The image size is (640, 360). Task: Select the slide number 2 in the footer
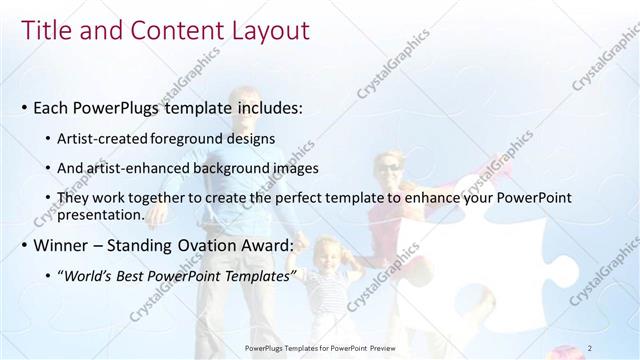pos(590,347)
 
